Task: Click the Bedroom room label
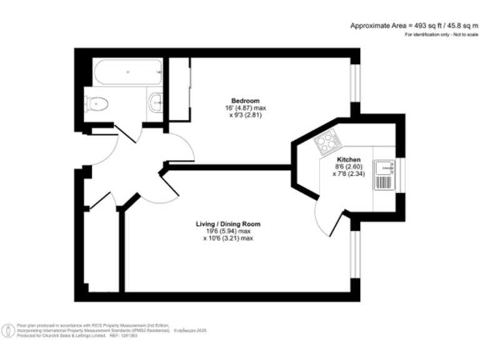245,101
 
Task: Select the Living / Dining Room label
228,224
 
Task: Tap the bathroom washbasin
156,100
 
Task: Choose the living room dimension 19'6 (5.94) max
227,231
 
